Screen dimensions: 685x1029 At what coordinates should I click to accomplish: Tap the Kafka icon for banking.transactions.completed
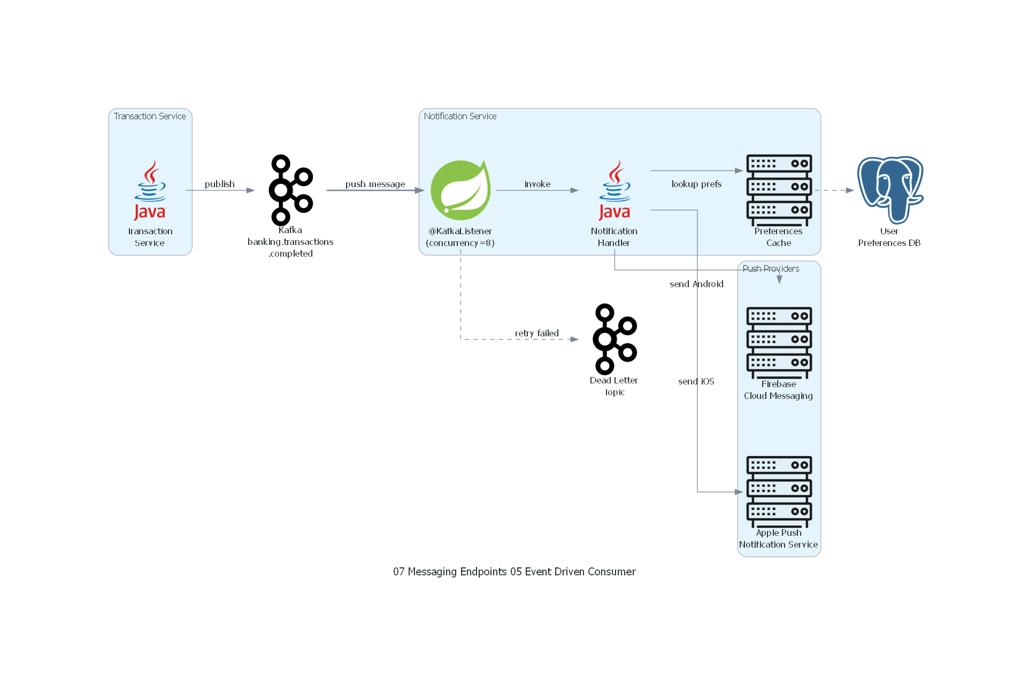click(290, 190)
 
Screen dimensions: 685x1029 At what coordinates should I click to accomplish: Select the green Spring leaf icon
click(460, 190)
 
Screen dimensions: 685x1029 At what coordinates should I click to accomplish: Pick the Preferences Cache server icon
click(779, 190)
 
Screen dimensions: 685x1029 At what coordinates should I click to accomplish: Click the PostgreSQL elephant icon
click(890, 190)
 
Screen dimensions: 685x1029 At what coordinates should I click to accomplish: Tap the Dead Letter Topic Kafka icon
click(615, 339)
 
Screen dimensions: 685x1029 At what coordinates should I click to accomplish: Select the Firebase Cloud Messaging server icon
click(779, 343)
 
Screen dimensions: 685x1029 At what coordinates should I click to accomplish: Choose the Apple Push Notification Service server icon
click(779, 491)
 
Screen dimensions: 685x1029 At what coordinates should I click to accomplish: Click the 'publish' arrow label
click(219, 184)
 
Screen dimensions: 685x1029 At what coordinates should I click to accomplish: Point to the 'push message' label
click(375, 184)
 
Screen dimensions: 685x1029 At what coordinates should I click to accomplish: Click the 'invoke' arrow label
click(537, 184)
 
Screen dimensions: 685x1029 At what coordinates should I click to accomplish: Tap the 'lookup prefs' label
click(696, 184)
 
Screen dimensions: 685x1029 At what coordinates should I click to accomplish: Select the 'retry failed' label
click(536, 333)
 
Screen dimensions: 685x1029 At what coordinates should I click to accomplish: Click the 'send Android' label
click(696, 284)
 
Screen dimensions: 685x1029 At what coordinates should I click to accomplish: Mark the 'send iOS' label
click(696, 381)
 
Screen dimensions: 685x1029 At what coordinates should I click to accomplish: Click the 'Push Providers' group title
click(771, 268)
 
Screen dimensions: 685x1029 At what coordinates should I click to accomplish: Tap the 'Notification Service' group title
click(460, 116)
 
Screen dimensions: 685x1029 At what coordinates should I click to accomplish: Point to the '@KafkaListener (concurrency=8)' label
click(460, 237)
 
